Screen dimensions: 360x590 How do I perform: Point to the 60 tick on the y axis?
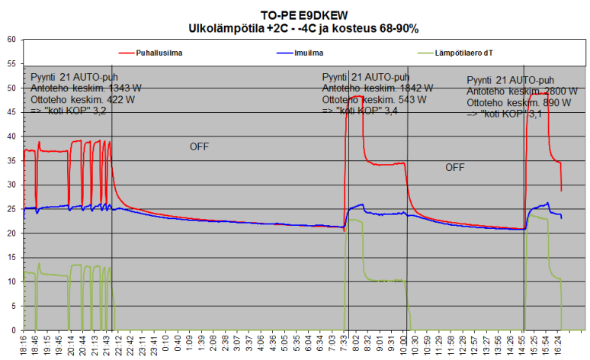(11, 40)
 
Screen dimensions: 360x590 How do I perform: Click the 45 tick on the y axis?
(11, 112)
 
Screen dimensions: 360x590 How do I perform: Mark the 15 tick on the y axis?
(11, 257)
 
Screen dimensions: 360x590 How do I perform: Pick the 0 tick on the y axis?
(13, 330)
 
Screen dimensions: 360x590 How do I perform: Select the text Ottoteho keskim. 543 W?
(374, 100)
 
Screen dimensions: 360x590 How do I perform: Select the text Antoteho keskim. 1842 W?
(377, 88)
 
